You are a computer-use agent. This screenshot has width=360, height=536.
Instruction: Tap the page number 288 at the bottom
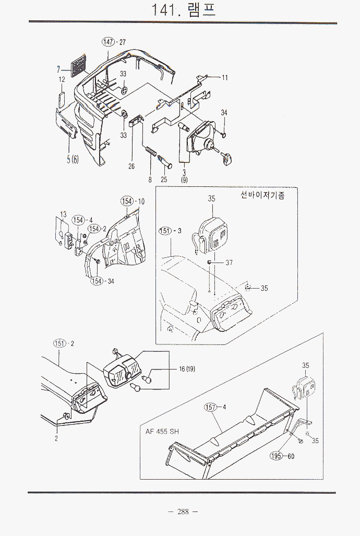(x=183, y=511)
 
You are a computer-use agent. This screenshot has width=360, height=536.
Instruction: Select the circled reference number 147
(x=109, y=42)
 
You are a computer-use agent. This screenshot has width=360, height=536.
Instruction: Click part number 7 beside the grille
(x=58, y=68)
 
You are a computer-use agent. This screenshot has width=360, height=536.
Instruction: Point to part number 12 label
(x=62, y=79)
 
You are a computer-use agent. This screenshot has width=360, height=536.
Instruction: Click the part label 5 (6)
(x=72, y=160)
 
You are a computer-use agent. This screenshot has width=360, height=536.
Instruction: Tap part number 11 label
(x=224, y=78)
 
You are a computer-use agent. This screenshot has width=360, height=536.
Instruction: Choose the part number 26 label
(x=131, y=166)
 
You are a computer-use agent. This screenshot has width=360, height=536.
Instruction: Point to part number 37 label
(x=229, y=263)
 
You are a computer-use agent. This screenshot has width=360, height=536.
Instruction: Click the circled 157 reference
(x=211, y=407)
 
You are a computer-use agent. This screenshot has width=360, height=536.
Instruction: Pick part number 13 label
(x=63, y=214)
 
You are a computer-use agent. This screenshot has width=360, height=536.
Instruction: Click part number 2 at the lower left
(x=56, y=438)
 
